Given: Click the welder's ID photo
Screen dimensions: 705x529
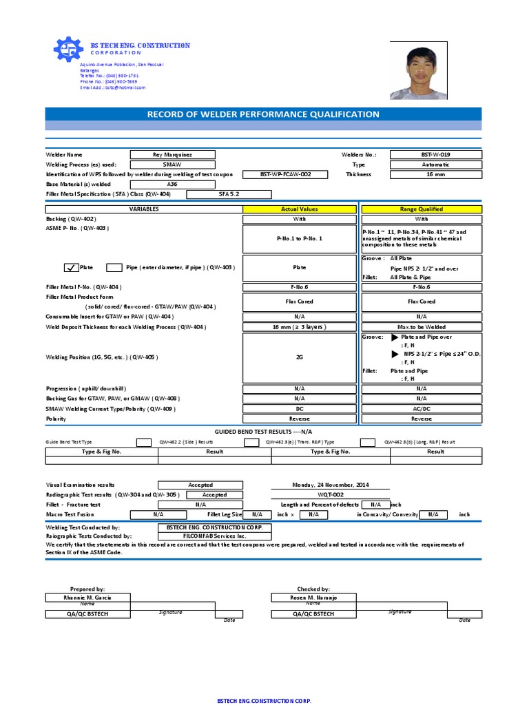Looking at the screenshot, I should point(417,73).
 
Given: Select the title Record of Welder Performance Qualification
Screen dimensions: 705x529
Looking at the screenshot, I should point(263,114).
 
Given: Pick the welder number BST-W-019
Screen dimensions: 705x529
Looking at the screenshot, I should point(435,155).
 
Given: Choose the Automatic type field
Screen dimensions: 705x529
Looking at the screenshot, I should point(435,165).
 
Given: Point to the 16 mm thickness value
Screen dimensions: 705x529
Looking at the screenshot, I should point(435,175).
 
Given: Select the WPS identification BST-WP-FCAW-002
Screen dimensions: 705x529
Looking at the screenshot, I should point(285,175).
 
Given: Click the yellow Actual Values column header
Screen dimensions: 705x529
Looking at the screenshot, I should point(300,209).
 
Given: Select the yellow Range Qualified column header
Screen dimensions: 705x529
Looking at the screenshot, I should point(422,209).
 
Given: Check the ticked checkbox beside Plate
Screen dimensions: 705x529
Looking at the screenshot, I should point(71,267).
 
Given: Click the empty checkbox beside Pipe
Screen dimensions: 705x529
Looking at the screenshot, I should point(114,267).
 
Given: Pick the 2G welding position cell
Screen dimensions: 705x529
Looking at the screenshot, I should point(300,358).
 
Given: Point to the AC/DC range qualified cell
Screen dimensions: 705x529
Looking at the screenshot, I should point(422,408).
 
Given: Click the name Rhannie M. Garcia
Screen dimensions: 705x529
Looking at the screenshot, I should point(87,598).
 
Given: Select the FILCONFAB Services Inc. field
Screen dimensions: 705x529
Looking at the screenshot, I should point(214,535).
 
